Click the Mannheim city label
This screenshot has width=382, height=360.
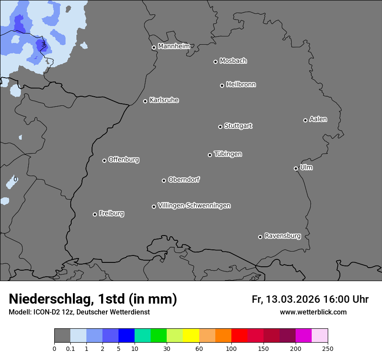174,46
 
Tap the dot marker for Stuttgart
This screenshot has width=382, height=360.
220,127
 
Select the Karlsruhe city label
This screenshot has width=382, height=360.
164,100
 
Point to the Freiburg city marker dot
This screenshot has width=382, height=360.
95,214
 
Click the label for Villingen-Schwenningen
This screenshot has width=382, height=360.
194,206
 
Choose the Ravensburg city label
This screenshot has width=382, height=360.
282,236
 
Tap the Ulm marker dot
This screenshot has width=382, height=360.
296,168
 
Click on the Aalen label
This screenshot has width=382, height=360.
318,119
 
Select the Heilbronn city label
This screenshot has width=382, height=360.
241,85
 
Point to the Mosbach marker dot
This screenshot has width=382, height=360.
215,62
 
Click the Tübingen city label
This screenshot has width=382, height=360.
228,154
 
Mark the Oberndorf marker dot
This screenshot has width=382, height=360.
164,180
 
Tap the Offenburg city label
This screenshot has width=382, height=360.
124,160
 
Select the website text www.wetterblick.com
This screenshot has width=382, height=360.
313,312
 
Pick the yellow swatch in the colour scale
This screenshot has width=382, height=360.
191,336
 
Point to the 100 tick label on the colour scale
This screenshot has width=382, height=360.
231,348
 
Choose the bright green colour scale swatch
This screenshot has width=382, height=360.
158,336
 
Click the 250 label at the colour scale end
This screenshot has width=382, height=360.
327,348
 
